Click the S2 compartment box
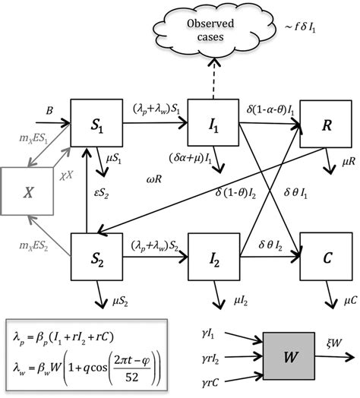coord(97,251)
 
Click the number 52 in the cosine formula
coord(148,370)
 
